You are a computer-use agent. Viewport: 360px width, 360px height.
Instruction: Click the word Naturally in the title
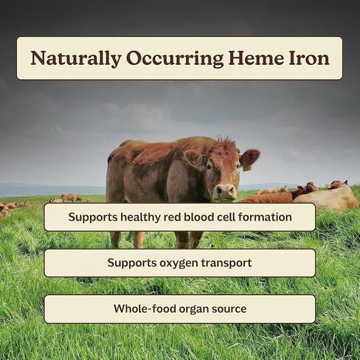[x=75, y=58]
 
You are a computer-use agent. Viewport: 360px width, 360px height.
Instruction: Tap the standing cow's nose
[x=224, y=191]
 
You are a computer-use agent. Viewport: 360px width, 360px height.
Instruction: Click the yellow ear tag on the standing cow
[x=247, y=167]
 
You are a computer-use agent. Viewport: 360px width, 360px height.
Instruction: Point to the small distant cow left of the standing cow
[x=71, y=197]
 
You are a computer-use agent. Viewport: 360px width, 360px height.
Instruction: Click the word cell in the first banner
[x=224, y=218]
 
